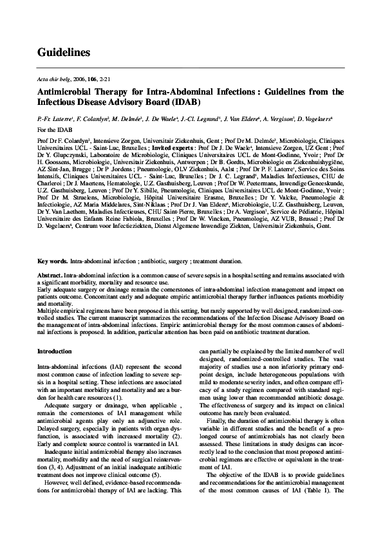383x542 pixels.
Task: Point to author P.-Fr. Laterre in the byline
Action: coord(55,120)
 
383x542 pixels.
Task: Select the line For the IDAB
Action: coord(54,129)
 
